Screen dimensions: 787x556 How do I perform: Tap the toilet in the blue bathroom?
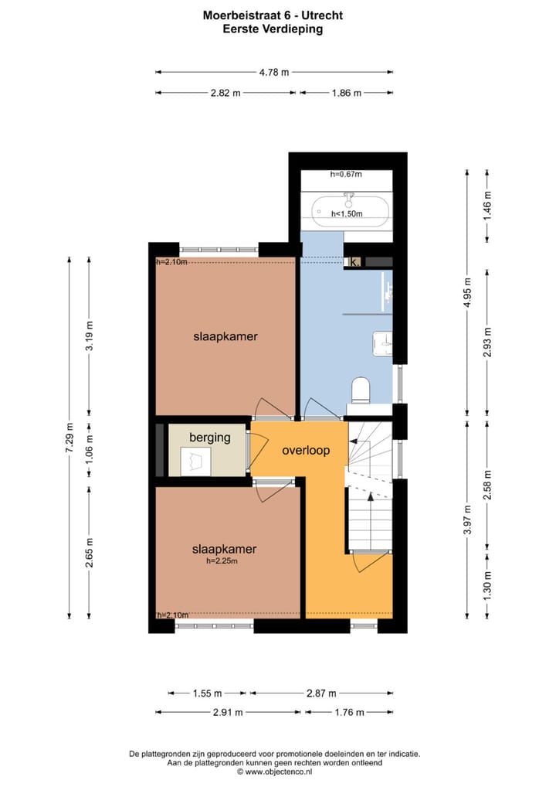pos(361,390)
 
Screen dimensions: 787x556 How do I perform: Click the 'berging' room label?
pos(209,438)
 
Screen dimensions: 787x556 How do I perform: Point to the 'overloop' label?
pos(306,450)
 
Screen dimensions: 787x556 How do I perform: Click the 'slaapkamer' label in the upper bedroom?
pos(225,336)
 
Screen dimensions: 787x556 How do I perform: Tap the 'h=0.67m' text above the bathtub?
pos(346,175)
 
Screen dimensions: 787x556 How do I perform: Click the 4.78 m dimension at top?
pos(274,72)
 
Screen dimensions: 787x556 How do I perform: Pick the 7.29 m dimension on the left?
pos(69,437)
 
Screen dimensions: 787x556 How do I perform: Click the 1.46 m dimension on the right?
pos(486,206)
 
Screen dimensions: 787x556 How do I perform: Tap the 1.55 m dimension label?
pos(207,693)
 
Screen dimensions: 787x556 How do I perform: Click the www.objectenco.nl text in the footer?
pos(278,771)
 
